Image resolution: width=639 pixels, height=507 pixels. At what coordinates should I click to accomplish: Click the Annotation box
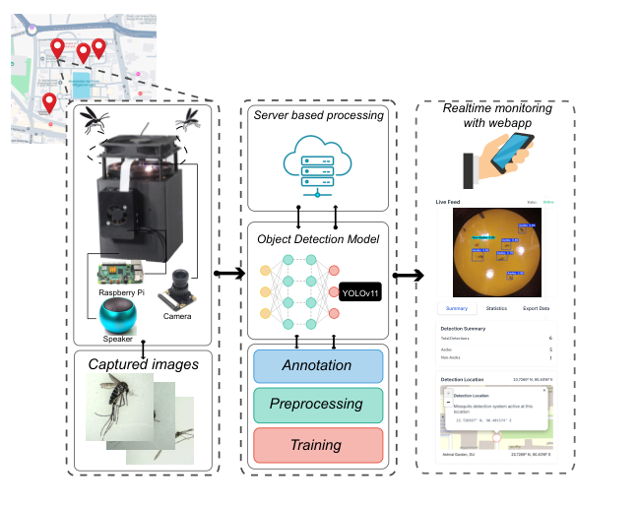[316, 365]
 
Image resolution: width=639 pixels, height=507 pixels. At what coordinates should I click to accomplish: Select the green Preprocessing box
[316, 404]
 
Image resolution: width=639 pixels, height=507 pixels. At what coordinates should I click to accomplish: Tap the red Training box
[316, 445]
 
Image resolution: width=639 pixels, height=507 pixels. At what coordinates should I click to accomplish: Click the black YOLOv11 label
[361, 292]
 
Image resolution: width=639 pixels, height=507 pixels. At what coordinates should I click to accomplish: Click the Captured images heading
[144, 364]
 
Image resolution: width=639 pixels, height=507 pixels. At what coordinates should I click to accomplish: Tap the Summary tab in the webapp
[456, 308]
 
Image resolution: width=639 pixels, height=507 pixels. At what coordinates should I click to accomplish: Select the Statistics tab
[496, 308]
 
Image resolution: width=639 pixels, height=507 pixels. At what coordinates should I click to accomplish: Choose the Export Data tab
[537, 308]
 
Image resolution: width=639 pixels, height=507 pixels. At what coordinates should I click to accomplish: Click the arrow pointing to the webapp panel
[410, 276]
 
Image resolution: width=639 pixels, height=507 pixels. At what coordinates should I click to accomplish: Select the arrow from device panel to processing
[228, 274]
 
